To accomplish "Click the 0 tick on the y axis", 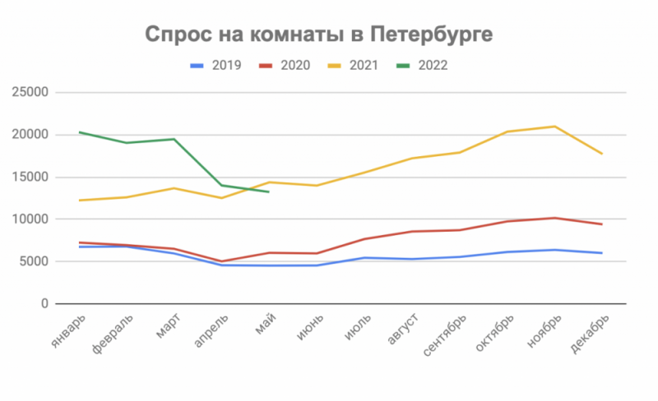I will [x=45, y=304].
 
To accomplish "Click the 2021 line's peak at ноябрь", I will [x=554, y=127].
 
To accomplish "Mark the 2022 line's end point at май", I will [x=268, y=192].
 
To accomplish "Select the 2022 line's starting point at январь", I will [x=79, y=132].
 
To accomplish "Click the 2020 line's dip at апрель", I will [x=221, y=261].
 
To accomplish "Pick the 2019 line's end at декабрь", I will [x=602, y=253].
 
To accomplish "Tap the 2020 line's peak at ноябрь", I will [x=554, y=218].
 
